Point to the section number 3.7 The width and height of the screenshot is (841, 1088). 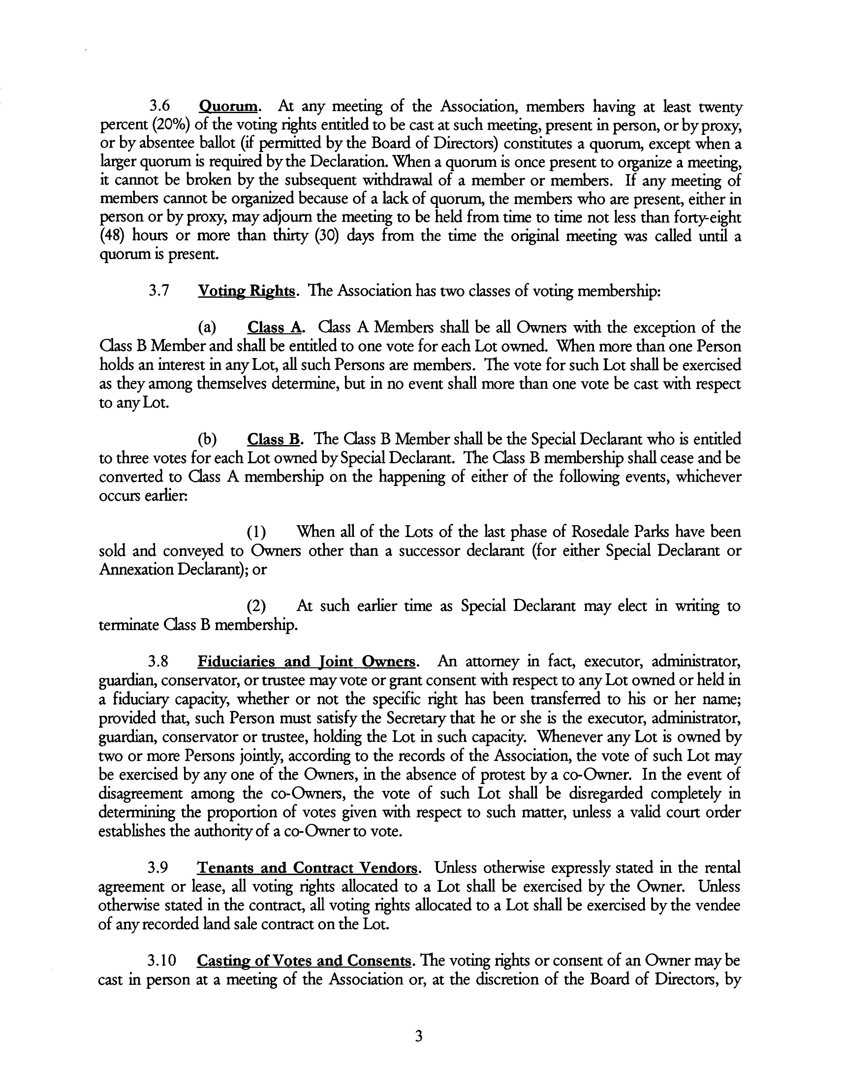[x=159, y=290]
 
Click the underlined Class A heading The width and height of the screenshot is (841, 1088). [x=274, y=327]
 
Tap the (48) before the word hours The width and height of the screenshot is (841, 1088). [x=112, y=236]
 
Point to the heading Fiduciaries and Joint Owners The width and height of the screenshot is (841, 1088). [x=306, y=662]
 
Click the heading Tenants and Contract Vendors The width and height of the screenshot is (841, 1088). [x=308, y=868]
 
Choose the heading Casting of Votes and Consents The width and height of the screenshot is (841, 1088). [x=304, y=960]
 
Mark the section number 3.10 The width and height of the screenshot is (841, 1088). [x=162, y=960]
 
